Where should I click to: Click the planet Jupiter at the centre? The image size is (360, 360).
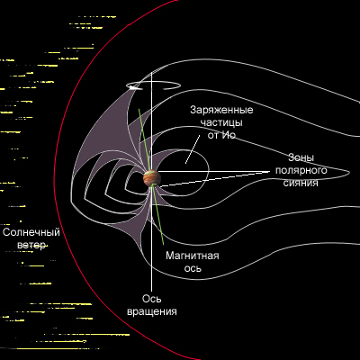pyautogui.click(x=152, y=178)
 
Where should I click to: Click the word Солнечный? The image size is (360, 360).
pyautogui.click(x=31, y=233)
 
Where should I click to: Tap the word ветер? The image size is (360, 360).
pyautogui.click(x=31, y=246)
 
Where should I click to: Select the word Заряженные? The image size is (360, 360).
pyautogui.click(x=221, y=111)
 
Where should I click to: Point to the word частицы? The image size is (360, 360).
pyautogui.click(x=221, y=122)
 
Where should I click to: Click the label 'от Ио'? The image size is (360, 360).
pyautogui.click(x=221, y=135)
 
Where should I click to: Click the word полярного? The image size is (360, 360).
pyautogui.click(x=301, y=171)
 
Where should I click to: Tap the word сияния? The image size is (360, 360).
pyautogui.click(x=301, y=183)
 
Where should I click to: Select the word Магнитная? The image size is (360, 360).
pyautogui.click(x=193, y=256)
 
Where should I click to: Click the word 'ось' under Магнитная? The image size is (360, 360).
pyautogui.click(x=193, y=269)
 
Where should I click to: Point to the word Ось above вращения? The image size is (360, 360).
pyautogui.click(x=151, y=299)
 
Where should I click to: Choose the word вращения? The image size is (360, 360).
pyautogui.click(x=152, y=311)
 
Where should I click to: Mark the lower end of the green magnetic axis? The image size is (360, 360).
pyautogui.click(x=164, y=245)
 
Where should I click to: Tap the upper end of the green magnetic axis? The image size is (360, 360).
pyautogui.click(x=139, y=109)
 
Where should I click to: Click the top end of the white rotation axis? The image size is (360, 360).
pyautogui.click(x=151, y=73)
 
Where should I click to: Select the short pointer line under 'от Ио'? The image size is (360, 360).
pyautogui.click(x=193, y=149)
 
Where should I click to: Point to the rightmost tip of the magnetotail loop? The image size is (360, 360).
pyautogui.click(x=350, y=172)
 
